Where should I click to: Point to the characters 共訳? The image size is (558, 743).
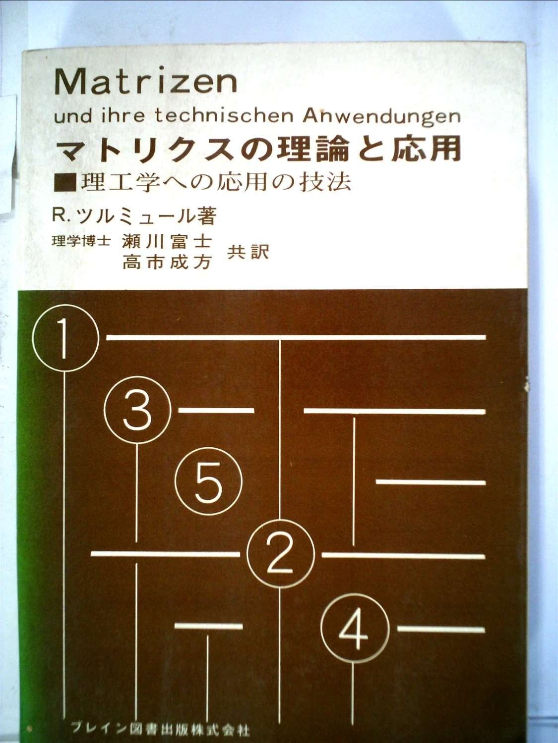[x=248, y=253]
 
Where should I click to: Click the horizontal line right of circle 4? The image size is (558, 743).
[x=440, y=629]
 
